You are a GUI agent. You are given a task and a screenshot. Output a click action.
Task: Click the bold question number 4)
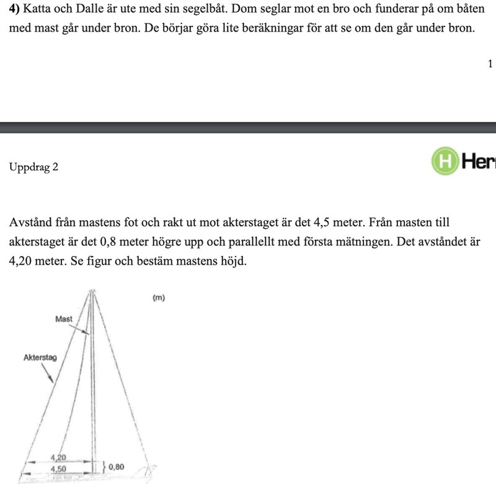click(x=15, y=11)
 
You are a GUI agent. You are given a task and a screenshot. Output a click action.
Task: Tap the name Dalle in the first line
click(x=87, y=11)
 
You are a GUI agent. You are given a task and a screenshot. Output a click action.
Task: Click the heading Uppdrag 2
click(x=34, y=167)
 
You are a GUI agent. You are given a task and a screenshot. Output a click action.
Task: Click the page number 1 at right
click(x=490, y=64)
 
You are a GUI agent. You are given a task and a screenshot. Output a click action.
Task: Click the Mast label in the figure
click(x=64, y=319)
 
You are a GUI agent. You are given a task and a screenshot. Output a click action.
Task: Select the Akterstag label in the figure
click(x=40, y=358)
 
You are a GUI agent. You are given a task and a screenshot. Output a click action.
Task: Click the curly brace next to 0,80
click(x=104, y=465)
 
